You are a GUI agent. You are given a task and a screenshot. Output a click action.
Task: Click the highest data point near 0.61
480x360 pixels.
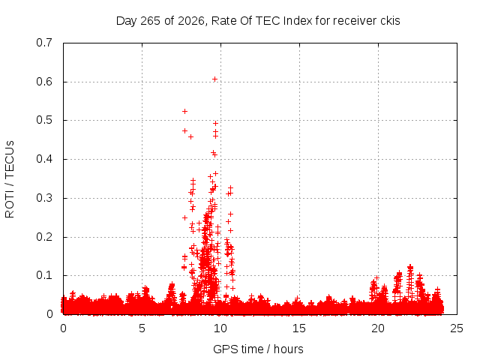click(x=215, y=79)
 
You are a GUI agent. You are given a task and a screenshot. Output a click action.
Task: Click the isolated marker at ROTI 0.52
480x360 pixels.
click(x=185, y=112)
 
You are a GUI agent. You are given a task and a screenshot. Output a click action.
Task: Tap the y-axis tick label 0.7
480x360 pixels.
click(x=44, y=43)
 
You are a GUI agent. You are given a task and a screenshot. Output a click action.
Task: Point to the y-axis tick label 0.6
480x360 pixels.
click(x=44, y=82)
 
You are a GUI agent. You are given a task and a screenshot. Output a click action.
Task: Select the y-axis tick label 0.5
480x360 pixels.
click(x=44, y=120)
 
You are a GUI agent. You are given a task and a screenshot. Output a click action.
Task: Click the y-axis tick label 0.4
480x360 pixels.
click(x=44, y=159)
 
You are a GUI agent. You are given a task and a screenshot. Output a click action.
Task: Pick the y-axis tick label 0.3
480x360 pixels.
click(x=44, y=198)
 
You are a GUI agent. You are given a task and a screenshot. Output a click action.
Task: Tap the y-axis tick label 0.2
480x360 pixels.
click(x=44, y=237)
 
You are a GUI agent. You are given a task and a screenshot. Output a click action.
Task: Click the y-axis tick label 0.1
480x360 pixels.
click(x=44, y=275)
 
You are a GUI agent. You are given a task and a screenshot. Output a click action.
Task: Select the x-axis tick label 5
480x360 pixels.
click(x=142, y=328)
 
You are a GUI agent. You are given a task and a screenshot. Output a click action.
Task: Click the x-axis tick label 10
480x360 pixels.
click(x=220, y=328)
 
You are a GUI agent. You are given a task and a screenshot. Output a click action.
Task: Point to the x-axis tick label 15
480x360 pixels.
click(x=299, y=328)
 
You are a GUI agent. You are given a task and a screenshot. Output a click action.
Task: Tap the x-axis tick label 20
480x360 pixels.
click(x=378, y=328)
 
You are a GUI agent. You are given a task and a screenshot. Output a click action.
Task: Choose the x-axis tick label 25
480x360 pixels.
click(x=457, y=328)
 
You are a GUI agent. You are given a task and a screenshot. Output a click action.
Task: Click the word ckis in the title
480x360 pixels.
click(x=390, y=21)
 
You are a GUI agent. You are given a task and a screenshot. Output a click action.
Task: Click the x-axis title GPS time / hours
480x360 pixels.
click(x=258, y=349)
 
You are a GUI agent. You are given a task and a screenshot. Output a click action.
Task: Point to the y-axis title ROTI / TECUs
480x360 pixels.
click(x=10, y=179)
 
